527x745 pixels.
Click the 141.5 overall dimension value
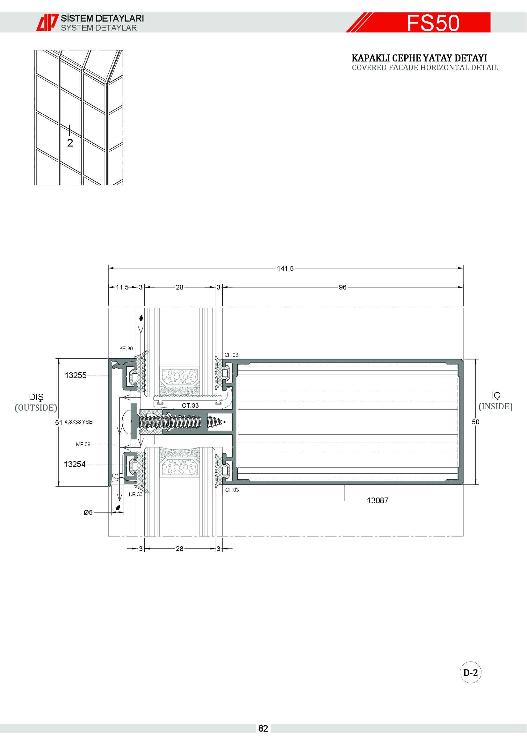click(285, 268)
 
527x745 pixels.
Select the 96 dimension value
click(343, 287)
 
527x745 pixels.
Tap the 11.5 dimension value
click(122, 287)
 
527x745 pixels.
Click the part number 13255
click(76, 376)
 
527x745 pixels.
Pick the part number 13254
click(75, 464)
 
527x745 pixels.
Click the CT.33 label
click(190, 405)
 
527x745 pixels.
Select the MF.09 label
click(83, 445)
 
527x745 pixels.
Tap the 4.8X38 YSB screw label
click(78, 422)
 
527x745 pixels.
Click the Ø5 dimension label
click(88, 512)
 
